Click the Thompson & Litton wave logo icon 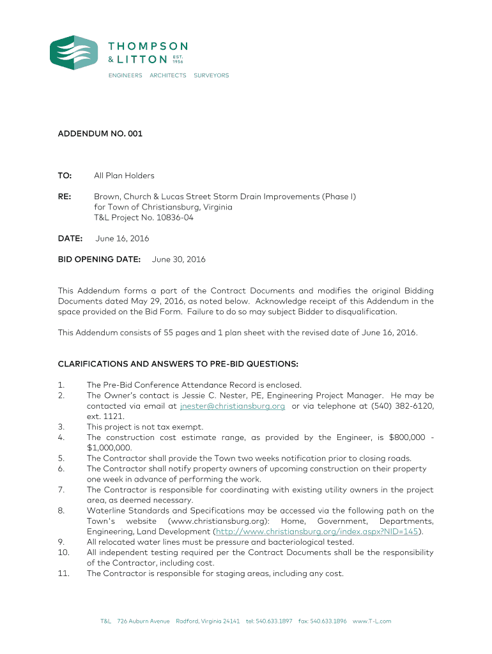[74, 52]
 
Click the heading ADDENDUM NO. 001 [100, 134]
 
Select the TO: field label [65, 176]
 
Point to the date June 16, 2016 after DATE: [122, 239]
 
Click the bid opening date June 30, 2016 [179, 260]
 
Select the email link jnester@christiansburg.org [233, 406]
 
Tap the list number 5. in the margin [61, 458]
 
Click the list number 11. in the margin [63, 574]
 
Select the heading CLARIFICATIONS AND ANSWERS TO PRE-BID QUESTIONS [178, 364]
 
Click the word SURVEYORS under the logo [211, 75]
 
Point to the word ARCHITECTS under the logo [167, 75]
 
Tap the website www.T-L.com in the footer [372, 621]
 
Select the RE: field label [65, 197]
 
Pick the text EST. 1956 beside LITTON [178, 59]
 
